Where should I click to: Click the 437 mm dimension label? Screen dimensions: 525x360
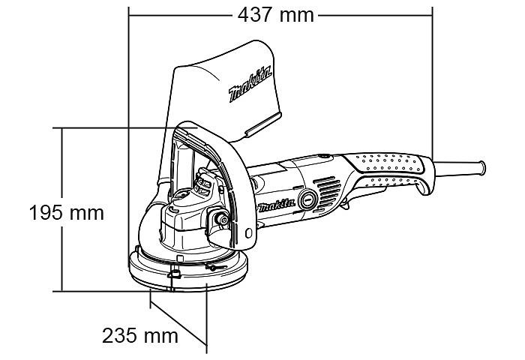275,15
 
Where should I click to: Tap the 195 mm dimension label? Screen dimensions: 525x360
67,213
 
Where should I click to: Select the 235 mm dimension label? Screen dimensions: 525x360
140,335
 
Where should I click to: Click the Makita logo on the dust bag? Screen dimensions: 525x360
250,84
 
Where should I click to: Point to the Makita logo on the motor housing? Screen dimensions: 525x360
277,205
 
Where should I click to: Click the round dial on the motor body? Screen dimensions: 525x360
307,199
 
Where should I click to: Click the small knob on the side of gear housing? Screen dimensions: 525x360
222,220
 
